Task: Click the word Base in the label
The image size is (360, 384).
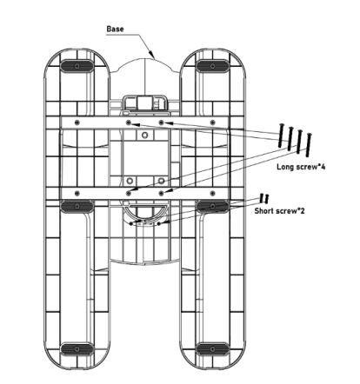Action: click(x=115, y=29)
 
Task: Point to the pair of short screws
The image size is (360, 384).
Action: click(x=264, y=199)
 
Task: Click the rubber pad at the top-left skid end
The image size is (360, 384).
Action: click(x=78, y=67)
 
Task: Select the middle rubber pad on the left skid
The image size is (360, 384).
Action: click(x=78, y=206)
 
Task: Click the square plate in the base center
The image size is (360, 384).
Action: click(x=144, y=156)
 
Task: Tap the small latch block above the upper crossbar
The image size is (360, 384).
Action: click(x=144, y=103)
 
